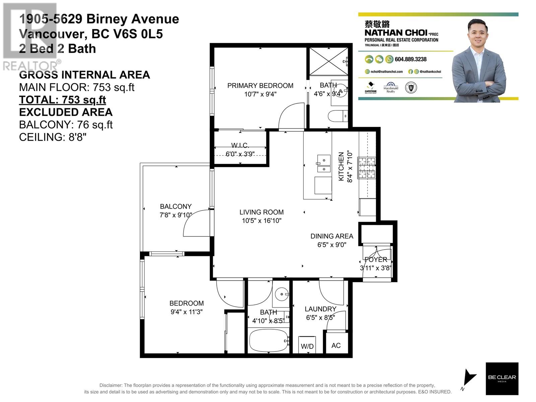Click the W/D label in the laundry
pyautogui.click(x=307, y=346)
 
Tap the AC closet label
pyautogui.click(x=336, y=345)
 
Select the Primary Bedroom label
pyautogui.click(x=260, y=86)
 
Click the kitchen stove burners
pyautogui.click(x=367, y=167)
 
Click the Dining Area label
pyautogui.click(x=332, y=236)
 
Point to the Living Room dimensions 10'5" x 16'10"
pyautogui.click(x=262, y=221)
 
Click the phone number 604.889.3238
pyautogui.click(x=410, y=59)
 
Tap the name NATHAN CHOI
pyautogui.click(x=396, y=33)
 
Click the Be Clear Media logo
pyautogui.click(x=502, y=379)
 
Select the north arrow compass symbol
pyautogui.click(x=469, y=379)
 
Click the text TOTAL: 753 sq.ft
pyautogui.click(x=63, y=100)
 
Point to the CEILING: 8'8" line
pyautogui.click(x=53, y=137)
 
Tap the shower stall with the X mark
pyautogui.click(x=328, y=61)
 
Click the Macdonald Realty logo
pyautogui.click(x=391, y=88)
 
